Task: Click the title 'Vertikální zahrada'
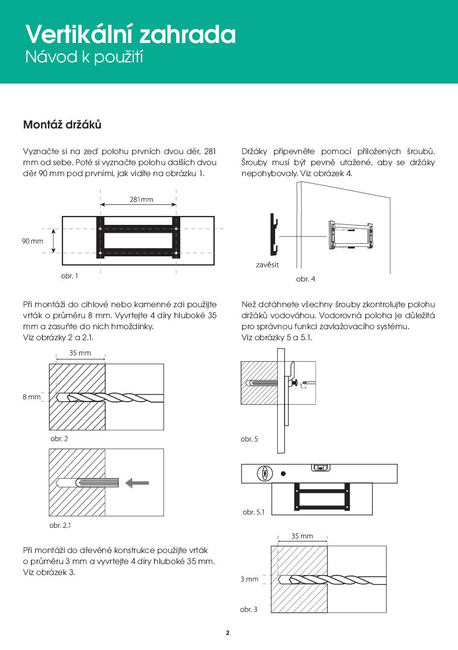pyautogui.click(x=130, y=35)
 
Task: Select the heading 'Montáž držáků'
pyautogui.click(x=62, y=125)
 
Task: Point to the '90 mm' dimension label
pyautogui.click(x=32, y=241)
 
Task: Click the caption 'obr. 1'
pyautogui.click(x=70, y=276)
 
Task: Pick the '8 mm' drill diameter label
pyautogui.click(x=31, y=397)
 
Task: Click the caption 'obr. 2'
pyautogui.click(x=59, y=439)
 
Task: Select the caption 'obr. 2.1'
pyautogui.click(x=60, y=525)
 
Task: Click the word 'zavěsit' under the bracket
pyautogui.click(x=267, y=265)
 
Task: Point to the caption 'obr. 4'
pyautogui.click(x=306, y=279)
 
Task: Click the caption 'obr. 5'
pyautogui.click(x=249, y=439)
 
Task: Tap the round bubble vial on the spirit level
pyautogui.click(x=265, y=474)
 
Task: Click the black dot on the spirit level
pyautogui.click(x=283, y=473)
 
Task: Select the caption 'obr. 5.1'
pyautogui.click(x=254, y=512)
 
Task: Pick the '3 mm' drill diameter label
pyautogui.click(x=249, y=579)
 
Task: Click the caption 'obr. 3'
pyautogui.click(x=248, y=610)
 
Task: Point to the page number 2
pyautogui.click(x=228, y=633)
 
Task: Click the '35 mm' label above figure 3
pyautogui.click(x=302, y=536)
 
